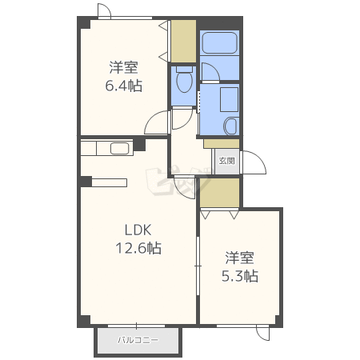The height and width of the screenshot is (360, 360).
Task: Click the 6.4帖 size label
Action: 123,86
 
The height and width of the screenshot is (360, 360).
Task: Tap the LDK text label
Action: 138,230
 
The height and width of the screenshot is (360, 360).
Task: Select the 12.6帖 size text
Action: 138,248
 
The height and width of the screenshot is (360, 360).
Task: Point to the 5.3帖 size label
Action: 240,276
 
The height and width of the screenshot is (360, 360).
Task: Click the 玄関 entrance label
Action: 226,161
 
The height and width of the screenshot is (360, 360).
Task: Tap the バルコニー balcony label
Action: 138,340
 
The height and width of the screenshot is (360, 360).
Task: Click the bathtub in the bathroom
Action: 219,43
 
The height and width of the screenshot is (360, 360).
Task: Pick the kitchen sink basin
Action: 120,148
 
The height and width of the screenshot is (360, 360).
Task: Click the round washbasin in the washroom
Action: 230,126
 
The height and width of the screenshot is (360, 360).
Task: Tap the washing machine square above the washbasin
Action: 229,100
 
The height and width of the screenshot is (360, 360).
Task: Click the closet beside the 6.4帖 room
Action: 183,42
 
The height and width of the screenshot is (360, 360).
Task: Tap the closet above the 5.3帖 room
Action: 220,192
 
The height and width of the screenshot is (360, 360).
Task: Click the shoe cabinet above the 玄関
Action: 222,144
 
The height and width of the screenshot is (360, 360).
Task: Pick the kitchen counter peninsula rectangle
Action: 109,182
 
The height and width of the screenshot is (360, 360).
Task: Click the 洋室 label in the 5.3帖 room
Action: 240,258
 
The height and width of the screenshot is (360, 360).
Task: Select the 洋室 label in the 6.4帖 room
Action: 123,67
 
